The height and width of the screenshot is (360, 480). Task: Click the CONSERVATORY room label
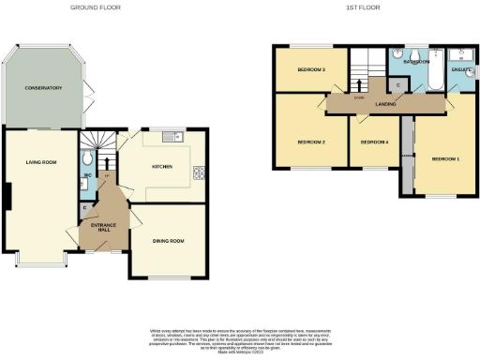44,87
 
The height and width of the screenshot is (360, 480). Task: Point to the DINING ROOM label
168,241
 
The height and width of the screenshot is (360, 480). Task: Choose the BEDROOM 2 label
310,142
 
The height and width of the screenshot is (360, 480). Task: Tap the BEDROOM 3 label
311,69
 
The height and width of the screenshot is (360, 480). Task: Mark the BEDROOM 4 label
374,142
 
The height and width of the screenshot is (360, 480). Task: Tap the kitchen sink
171,139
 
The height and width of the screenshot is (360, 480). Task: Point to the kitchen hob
199,172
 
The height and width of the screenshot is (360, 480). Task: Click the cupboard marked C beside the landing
397,85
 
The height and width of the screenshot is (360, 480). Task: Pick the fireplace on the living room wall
8,197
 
